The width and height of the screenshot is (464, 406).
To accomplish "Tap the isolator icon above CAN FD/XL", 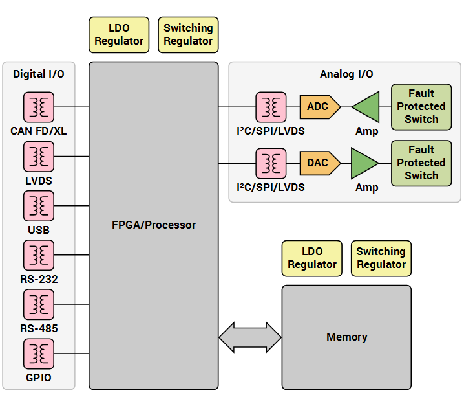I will tap(39, 107).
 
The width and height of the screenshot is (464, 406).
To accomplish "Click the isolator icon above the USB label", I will tap(39, 206).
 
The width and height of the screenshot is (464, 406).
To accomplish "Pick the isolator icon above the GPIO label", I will tap(39, 354).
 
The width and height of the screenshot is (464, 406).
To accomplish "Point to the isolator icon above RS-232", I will tap(39, 255).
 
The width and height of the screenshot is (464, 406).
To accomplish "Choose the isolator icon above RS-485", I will tap(39, 304).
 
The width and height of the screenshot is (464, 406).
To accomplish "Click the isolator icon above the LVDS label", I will tap(39, 157).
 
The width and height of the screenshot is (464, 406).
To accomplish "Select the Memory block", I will tap(346, 337).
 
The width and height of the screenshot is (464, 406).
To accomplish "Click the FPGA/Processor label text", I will tap(153, 225).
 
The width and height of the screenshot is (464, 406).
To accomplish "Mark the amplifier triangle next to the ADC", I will tap(368, 107).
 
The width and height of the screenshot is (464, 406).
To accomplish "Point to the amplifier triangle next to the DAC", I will tap(363, 163).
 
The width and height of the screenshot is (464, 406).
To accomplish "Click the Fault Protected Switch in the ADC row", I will tap(421, 106).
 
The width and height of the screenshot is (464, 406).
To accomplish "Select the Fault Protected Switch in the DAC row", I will tap(421, 163).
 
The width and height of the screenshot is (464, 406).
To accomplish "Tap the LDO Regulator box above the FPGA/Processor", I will tap(119, 35).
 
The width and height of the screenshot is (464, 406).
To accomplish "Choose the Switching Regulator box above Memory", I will tap(381, 258).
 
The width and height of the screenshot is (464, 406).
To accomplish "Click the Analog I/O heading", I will tap(346, 74).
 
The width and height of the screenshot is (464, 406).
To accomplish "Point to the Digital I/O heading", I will tap(39, 74).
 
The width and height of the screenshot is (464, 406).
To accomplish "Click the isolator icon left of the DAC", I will tap(271, 163).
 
